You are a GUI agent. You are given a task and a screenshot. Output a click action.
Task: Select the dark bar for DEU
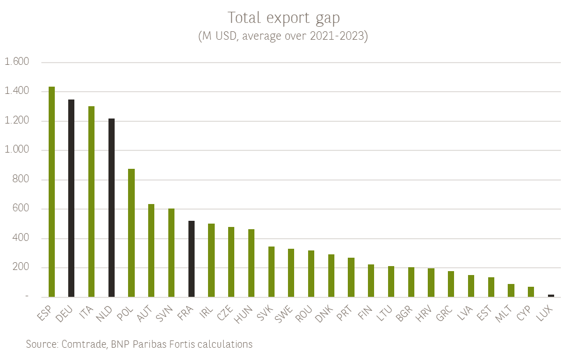point(72,198)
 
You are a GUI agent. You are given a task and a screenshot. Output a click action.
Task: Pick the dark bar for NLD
point(111,208)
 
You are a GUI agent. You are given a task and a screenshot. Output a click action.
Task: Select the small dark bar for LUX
point(551,295)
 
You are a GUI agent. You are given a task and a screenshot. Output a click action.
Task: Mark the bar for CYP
point(531,292)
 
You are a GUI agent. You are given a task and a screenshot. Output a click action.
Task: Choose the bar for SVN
point(171,253)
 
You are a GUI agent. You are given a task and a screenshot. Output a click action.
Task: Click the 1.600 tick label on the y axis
point(16,62)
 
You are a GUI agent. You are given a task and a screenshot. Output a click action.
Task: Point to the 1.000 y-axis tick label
point(16,150)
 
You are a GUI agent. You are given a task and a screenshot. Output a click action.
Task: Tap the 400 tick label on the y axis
point(20,238)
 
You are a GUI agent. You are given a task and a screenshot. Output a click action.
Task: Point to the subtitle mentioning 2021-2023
point(283,36)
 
